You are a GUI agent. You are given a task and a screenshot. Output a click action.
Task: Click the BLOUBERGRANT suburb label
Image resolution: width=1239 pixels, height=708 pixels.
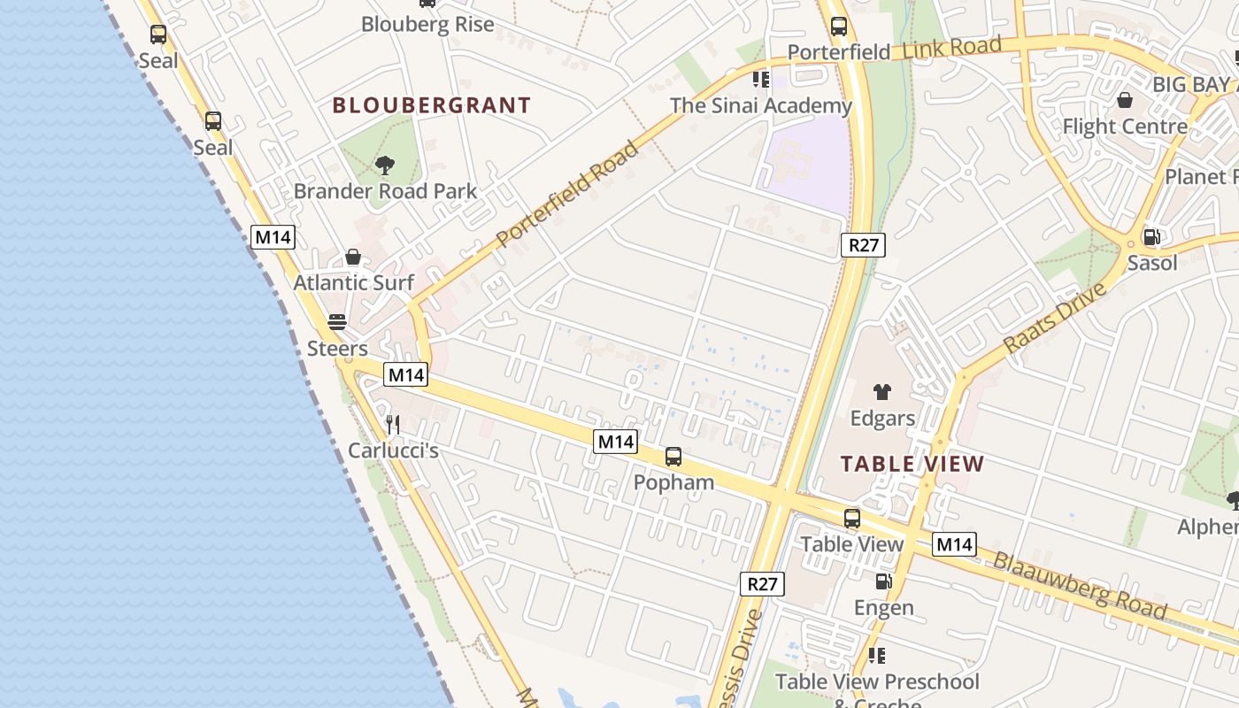click(x=431, y=105)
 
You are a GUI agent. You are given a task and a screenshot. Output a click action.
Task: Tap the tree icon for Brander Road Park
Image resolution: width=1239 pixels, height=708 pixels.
click(x=384, y=165)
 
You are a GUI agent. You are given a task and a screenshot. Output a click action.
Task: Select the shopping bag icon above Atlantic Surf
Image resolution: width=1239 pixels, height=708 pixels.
click(x=353, y=257)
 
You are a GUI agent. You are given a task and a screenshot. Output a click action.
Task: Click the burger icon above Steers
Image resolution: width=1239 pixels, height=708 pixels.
click(x=337, y=321)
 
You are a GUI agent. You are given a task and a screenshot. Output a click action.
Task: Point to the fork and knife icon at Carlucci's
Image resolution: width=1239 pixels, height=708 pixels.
click(x=393, y=425)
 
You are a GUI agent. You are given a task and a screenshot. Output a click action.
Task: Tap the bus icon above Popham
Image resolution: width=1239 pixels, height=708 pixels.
click(x=673, y=457)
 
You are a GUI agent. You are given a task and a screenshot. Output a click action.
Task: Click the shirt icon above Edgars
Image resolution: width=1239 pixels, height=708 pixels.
click(x=881, y=392)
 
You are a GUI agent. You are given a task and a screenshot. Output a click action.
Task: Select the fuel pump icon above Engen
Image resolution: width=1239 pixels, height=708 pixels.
click(x=883, y=581)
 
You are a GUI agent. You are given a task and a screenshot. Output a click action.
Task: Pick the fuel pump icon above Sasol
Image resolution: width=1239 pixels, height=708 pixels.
click(x=1151, y=236)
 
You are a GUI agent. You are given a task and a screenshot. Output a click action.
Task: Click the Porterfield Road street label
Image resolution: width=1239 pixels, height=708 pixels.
click(x=567, y=194)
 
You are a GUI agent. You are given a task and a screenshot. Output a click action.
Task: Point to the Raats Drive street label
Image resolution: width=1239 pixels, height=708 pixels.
click(x=1055, y=319)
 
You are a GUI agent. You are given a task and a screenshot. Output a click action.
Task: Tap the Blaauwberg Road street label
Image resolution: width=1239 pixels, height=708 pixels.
click(x=1079, y=585)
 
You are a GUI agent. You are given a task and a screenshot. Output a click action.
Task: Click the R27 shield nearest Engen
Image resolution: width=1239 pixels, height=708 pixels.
click(x=761, y=583)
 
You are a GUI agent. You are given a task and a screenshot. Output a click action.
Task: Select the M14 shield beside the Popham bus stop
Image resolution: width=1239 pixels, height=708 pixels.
click(x=616, y=441)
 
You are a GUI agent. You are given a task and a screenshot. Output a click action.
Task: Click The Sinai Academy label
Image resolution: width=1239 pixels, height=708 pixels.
click(x=760, y=106)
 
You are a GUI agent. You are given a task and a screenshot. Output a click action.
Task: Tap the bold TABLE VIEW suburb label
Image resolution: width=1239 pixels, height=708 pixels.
click(x=912, y=464)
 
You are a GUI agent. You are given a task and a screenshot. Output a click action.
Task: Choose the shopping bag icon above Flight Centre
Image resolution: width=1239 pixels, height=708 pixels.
click(x=1124, y=100)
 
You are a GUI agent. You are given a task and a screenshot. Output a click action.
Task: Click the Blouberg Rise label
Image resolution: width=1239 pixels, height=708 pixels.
click(x=427, y=24)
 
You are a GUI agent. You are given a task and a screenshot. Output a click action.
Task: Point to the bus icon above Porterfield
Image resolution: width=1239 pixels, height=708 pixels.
click(x=838, y=27)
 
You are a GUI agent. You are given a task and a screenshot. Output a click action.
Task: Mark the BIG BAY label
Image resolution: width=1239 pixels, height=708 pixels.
click(x=1191, y=84)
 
